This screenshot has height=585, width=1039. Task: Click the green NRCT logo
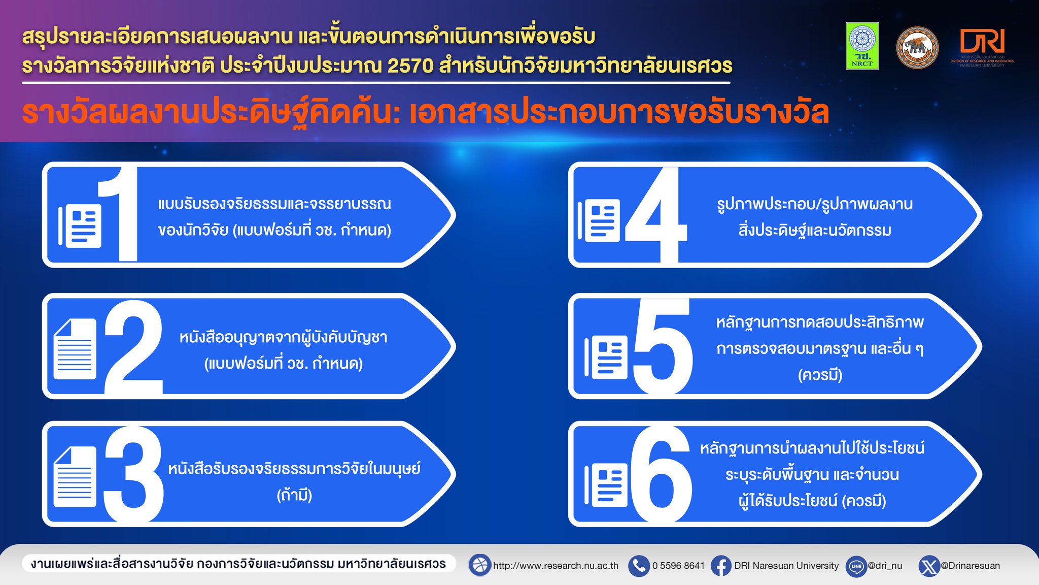862,46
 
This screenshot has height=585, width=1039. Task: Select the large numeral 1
118,214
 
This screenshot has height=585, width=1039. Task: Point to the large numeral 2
133,347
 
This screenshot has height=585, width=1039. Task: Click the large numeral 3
133,474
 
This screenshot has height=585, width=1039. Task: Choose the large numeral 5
663,346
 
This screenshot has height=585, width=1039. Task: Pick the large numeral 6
662,474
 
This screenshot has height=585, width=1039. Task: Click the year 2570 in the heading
410,66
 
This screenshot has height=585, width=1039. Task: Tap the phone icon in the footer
639,566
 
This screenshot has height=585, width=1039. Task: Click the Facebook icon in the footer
721,566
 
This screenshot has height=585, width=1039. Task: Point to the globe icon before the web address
479,565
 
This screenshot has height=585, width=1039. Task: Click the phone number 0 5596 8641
678,566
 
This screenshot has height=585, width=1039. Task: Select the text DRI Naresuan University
786,566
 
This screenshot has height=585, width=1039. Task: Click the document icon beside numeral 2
75,349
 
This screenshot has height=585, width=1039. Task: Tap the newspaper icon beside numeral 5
606,357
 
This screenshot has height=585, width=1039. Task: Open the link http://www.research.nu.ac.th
556,566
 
